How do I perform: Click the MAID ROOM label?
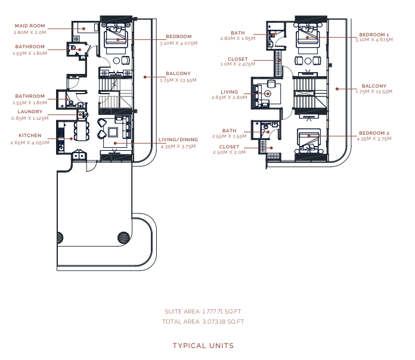tap(30, 26)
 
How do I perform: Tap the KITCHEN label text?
tap(30, 135)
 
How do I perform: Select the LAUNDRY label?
tap(30, 111)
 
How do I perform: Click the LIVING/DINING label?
tap(178, 139)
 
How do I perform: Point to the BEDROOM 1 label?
tap(374, 35)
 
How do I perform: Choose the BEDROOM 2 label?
tap(374, 133)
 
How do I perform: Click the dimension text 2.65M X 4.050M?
tap(30, 142)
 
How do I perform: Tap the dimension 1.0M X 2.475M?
tap(238, 64)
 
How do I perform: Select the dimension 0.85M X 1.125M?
tap(30, 118)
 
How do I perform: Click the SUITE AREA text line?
tap(203, 312)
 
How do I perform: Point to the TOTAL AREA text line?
tap(203, 322)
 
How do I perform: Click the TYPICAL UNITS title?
tap(203, 346)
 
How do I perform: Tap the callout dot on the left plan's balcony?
tap(145, 77)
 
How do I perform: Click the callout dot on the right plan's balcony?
tap(337, 89)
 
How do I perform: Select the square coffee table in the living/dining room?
tap(113, 132)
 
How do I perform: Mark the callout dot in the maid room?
tap(83, 29)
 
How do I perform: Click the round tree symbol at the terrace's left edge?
tap(60, 238)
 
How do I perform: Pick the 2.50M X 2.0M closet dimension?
tap(229, 152)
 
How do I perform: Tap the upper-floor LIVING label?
tap(229, 92)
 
